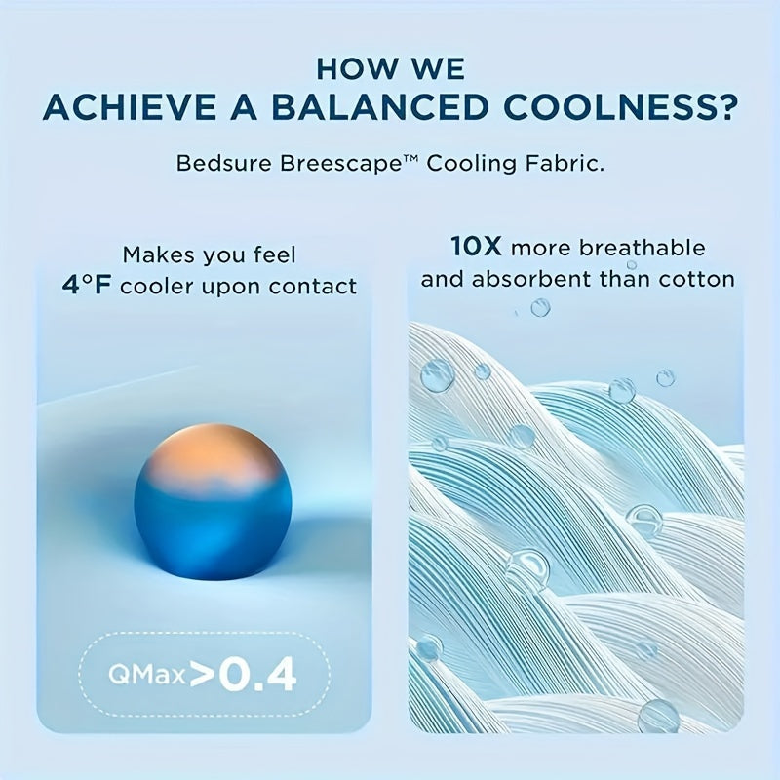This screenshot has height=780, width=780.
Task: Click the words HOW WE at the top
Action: [x=390, y=68]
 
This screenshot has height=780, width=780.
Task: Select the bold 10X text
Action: [x=479, y=248]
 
